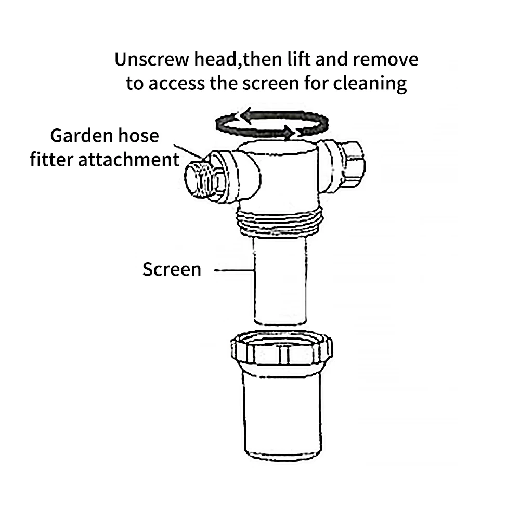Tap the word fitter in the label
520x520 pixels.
(x=52, y=159)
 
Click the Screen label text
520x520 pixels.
(x=172, y=269)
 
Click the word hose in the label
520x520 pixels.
(x=138, y=136)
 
